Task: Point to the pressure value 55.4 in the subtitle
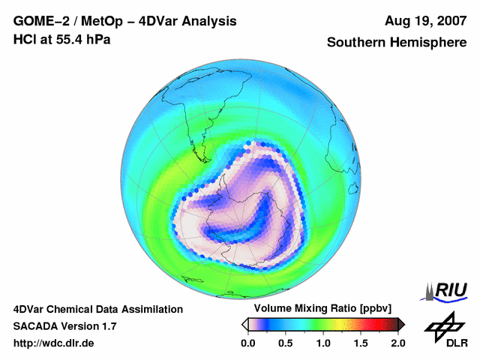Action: click(x=69, y=38)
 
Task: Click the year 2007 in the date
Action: click(x=451, y=21)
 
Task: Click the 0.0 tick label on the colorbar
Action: click(x=247, y=343)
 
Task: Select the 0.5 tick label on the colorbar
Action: click(x=286, y=343)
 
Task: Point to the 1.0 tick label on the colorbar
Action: click(x=323, y=343)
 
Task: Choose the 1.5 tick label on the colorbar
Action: click(x=361, y=343)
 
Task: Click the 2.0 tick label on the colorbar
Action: click(x=397, y=343)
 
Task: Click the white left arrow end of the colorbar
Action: click(x=244, y=324)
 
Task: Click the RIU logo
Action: click(x=445, y=290)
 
